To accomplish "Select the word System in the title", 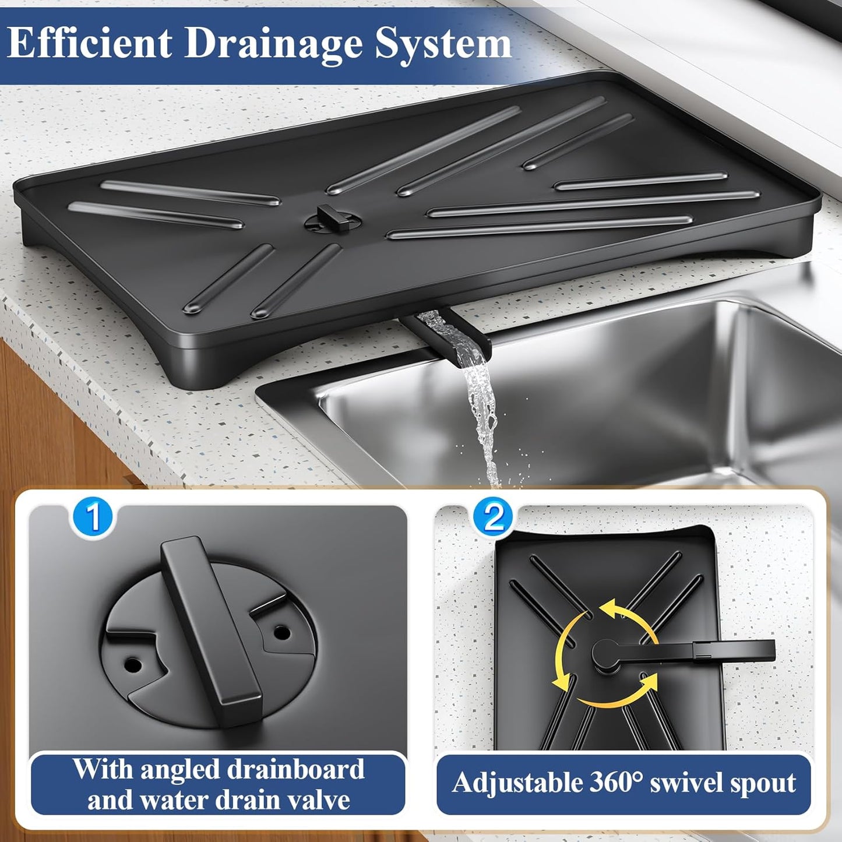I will tap(443, 44).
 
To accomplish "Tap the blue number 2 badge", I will tap(493, 516).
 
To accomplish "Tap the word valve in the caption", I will tap(319, 799).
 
